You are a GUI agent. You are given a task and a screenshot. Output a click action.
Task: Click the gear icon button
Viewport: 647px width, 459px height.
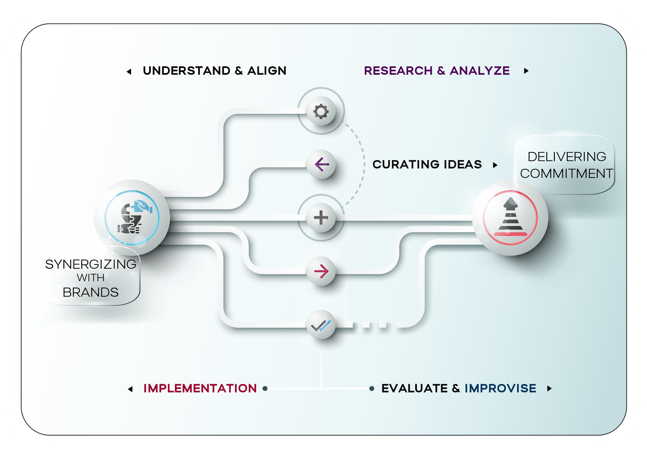[x=321, y=111]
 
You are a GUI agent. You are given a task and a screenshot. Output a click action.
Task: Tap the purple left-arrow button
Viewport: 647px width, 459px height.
[x=321, y=165]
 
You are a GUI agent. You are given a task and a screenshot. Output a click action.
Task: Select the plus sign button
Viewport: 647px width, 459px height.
[x=321, y=218]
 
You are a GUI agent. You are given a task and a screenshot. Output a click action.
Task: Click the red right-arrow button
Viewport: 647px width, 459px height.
[x=321, y=271]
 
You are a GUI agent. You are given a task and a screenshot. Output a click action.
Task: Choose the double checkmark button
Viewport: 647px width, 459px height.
[x=321, y=325]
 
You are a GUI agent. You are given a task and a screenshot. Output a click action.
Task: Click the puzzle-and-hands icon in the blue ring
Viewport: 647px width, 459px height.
[x=132, y=218]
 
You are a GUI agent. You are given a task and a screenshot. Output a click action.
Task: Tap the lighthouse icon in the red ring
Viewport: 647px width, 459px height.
[x=510, y=218]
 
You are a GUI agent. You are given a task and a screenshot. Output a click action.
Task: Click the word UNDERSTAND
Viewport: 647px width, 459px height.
[x=186, y=71]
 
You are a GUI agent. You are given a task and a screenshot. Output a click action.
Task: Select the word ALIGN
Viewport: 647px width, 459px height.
[x=266, y=71]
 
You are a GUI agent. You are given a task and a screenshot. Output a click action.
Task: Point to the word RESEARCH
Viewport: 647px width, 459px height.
[x=398, y=71]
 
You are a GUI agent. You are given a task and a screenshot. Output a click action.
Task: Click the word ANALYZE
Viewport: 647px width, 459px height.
[x=480, y=71]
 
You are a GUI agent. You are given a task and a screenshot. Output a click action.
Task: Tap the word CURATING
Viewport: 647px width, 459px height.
[x=406, y=165]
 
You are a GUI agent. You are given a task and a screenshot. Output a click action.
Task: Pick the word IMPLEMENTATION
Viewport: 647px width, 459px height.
[x=200, y=389]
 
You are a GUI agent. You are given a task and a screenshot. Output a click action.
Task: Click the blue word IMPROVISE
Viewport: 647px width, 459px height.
[x=500, y=389]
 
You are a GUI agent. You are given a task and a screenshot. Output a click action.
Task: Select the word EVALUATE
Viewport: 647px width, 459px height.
[x=414, y=389]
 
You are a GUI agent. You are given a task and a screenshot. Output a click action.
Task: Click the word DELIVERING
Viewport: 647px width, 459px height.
[x=567, y=157]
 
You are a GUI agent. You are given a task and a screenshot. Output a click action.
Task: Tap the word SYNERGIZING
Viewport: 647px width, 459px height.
[x=91, y=264]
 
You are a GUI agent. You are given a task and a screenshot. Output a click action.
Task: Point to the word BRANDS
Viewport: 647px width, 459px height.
[x=91, y=292]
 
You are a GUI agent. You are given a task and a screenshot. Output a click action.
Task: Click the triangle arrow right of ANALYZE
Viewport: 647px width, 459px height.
[x=526, y=71]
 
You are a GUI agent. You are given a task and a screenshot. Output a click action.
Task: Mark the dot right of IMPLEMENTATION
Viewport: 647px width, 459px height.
[x=265, y=389]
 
